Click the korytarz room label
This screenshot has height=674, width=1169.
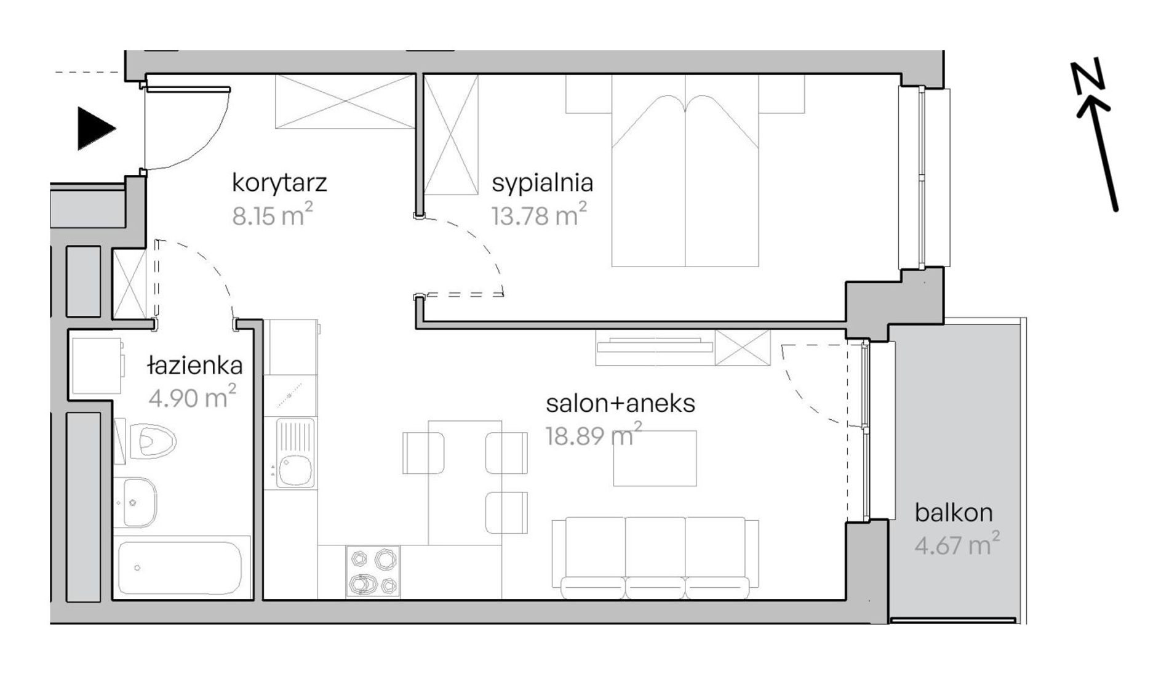point(279,183)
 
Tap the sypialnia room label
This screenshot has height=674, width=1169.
point(543,183)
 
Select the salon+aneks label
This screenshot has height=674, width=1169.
point(620,404)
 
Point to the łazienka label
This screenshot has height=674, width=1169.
point(196,366)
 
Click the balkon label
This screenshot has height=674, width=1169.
point(954,513)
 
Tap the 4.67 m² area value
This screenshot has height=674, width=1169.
point(957,544)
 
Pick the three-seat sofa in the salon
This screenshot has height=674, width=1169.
point(655,558)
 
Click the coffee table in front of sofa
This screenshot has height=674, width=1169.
point(655,459)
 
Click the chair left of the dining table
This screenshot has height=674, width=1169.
point(423,453)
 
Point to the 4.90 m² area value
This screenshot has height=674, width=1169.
point(193,397)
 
